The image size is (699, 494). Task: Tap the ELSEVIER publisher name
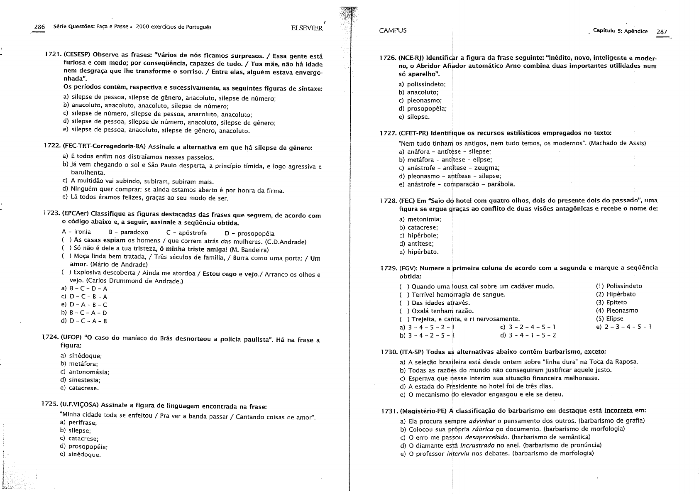[x=307, y=28]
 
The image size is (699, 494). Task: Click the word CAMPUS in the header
[x=393, y=30]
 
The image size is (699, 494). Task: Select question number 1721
[x=53, y=56]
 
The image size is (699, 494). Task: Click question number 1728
[x=388, y=201]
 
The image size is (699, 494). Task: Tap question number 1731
[x=389, y=411]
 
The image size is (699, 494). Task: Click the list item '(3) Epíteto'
[x=611, y=302]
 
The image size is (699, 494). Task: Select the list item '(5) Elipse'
[x=609, y=319]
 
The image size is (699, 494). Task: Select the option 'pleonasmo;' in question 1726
[x=419, y=100]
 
